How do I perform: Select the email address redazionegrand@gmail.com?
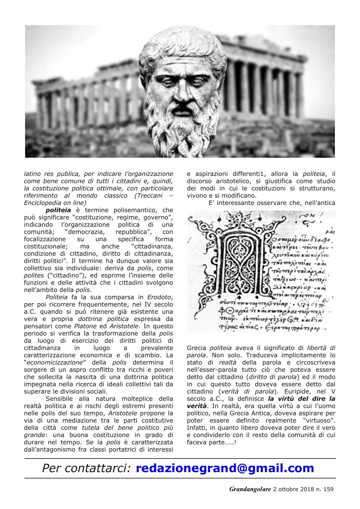pyautogui.click(x=225, y=468)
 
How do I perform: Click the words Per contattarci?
pyautogui.click(x=86, y=468)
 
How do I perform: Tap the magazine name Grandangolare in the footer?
pyautogui.click(x=250, y=489)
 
